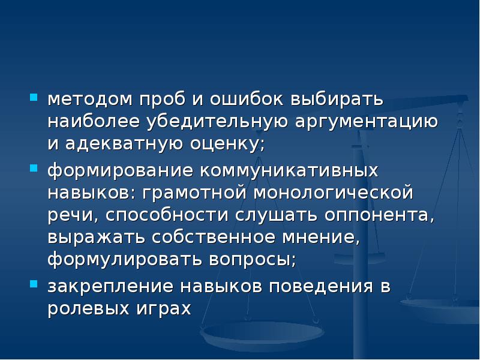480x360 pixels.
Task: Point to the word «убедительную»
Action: click(x=215, y=121)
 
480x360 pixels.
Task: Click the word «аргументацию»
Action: click(x=365, y=121)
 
